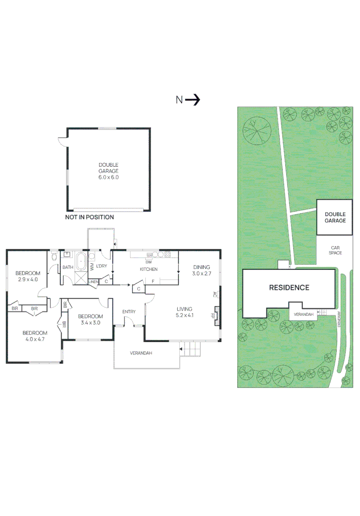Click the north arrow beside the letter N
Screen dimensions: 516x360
coord(193,100)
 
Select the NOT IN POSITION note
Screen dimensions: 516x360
coord(89,217)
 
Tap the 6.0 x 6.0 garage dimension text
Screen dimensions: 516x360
coord(109,177)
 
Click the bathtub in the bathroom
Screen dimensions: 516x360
coord(81,262)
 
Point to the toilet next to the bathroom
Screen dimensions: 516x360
coord(54,257)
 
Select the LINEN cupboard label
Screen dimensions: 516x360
coord(94,282)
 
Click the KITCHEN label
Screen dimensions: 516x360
coord(148,269)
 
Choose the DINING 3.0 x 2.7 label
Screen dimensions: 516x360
coord(201,270)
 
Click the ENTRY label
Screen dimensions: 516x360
coord(129,312)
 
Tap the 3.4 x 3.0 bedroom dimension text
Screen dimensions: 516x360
coord(90,322)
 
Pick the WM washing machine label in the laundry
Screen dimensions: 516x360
coord(92,267)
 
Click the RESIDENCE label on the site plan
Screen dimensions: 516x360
coord(289,288)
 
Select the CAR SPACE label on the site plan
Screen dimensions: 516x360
coord(335,250)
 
